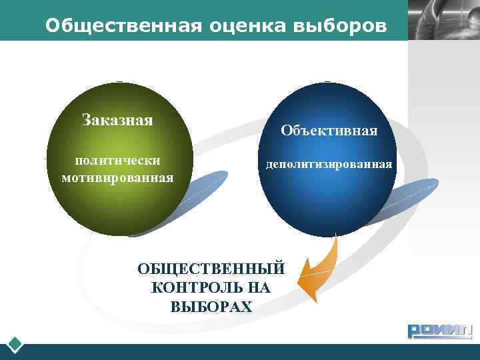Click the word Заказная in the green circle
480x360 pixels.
pyautogui.click(x=117, y=120)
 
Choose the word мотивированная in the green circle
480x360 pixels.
pyautogui.click(x=117, y=178)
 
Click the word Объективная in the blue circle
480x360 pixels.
pyautogui.click(x=329, y=131)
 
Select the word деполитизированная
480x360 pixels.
pyautogui.click(x=329, y=163)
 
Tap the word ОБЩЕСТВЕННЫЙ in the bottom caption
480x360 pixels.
pyautogui.click(x=211, y=269)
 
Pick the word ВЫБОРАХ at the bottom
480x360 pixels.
pyautogui.click(x=211, y=307)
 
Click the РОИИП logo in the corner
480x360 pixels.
pyautogui.click(x=439, y=331)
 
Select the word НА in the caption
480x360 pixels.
pyautogui.click(x=259, y=288)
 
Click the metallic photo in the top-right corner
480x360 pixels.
pyautogui.click(x=443, y=20)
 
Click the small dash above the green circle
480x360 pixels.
pyautogui.click(x=119, y=81)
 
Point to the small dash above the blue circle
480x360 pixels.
pyautogui.click(x=327, y=81)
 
